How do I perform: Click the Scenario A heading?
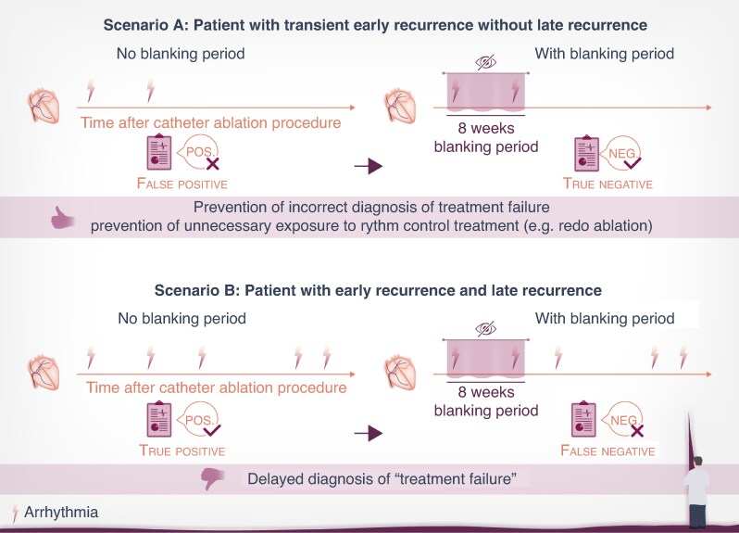(x=369, y=24)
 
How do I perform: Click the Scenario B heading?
(x=369, y=290)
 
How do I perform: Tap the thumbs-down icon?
(x=212, y=478)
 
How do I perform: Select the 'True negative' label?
(x=607, y=184)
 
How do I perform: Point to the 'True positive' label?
(x=182, y=451)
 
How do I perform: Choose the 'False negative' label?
(x=607, y=451)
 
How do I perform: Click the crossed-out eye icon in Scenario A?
(x=486, y=62)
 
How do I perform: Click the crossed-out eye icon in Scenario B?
(x=486, y=329)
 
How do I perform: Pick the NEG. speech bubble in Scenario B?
(x=629, y=419)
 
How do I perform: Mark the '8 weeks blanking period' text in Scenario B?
(x=486, y=401)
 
